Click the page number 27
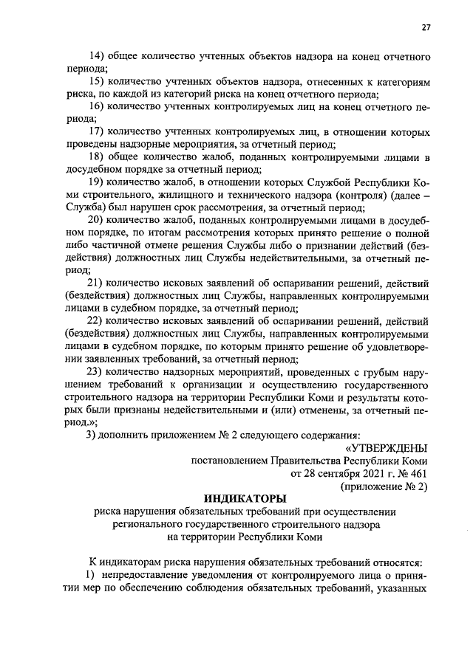(426, 27)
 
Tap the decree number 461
(418, 472)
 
